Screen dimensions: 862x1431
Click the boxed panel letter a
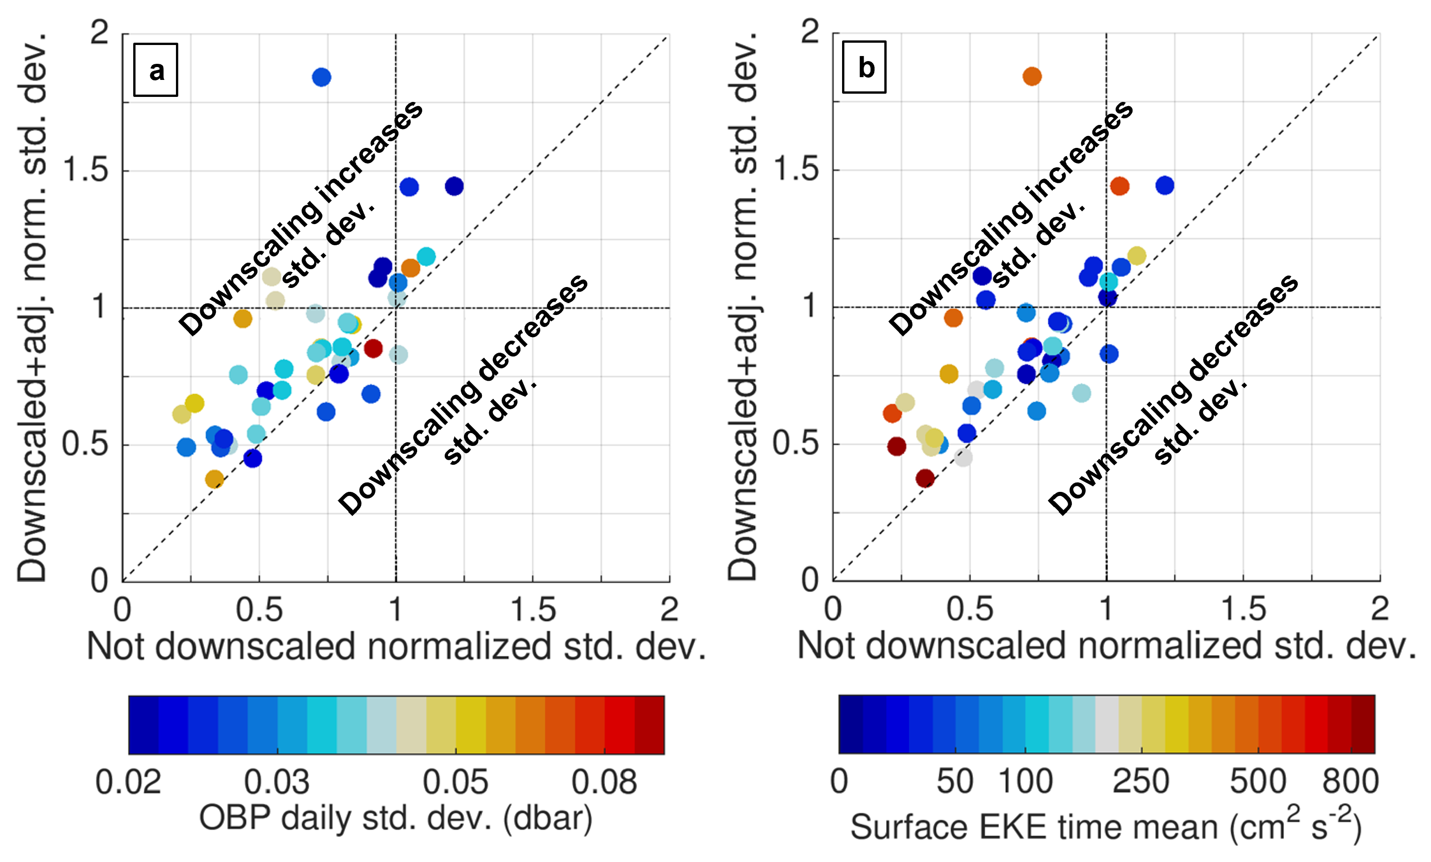156,70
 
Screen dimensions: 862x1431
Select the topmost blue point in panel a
321,77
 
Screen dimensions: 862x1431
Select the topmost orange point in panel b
1031,76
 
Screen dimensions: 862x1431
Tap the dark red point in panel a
373,348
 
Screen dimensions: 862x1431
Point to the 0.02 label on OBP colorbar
128,782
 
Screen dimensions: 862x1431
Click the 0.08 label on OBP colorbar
604,782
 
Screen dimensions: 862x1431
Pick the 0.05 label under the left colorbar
455,782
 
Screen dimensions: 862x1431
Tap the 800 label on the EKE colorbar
1350,781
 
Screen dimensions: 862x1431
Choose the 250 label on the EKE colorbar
1141,781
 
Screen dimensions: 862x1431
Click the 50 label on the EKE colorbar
955,781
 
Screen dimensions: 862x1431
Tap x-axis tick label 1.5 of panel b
1243,609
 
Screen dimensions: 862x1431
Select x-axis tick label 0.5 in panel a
259,610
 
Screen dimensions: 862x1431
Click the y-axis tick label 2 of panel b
809,33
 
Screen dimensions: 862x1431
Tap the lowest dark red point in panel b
925,479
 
